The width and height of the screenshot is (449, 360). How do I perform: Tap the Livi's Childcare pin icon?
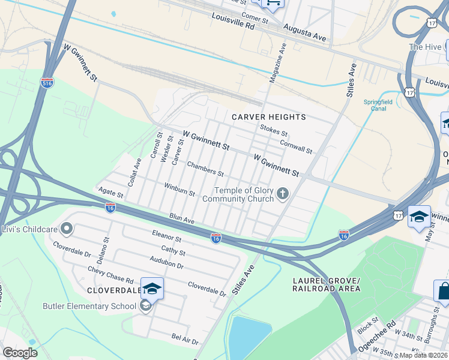click(x=67, y=229)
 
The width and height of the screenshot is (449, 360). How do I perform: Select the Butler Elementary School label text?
click(x=89, y=307)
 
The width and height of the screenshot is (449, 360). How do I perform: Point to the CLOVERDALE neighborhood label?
click(x=109, y=290)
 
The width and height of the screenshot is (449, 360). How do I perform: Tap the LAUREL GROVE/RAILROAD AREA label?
click(x=326, y=285)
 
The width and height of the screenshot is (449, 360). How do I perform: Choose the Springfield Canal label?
click(x=378, y=106)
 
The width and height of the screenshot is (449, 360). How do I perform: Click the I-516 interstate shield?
click(x=47, y=82)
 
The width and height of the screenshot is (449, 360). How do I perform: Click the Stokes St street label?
click(x=274, y=130)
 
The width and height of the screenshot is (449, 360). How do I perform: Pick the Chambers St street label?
click(x=205, y=169)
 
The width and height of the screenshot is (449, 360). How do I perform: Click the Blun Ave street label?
click(x=182, y=218)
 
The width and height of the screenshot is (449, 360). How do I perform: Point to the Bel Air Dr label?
click(x=185, y=340)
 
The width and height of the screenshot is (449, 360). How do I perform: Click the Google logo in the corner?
click(x=20, y=353)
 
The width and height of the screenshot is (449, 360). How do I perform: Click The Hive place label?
click(x=425, y=47)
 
